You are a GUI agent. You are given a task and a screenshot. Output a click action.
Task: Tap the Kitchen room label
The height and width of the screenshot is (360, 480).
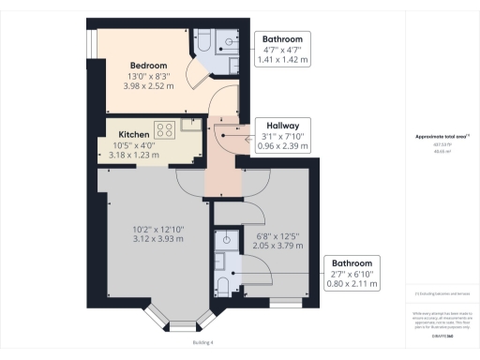121,135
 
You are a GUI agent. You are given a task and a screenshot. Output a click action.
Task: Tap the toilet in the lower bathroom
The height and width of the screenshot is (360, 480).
222,285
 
